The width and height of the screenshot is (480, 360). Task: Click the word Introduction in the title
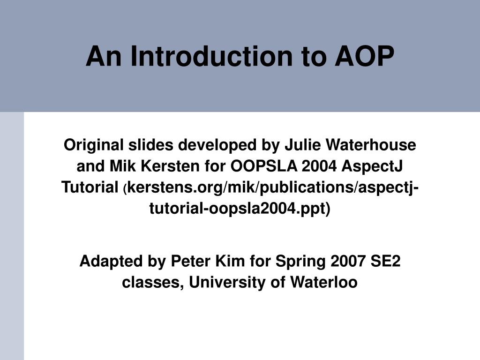[207, 56]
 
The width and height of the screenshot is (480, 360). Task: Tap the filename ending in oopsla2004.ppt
[240, 208]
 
